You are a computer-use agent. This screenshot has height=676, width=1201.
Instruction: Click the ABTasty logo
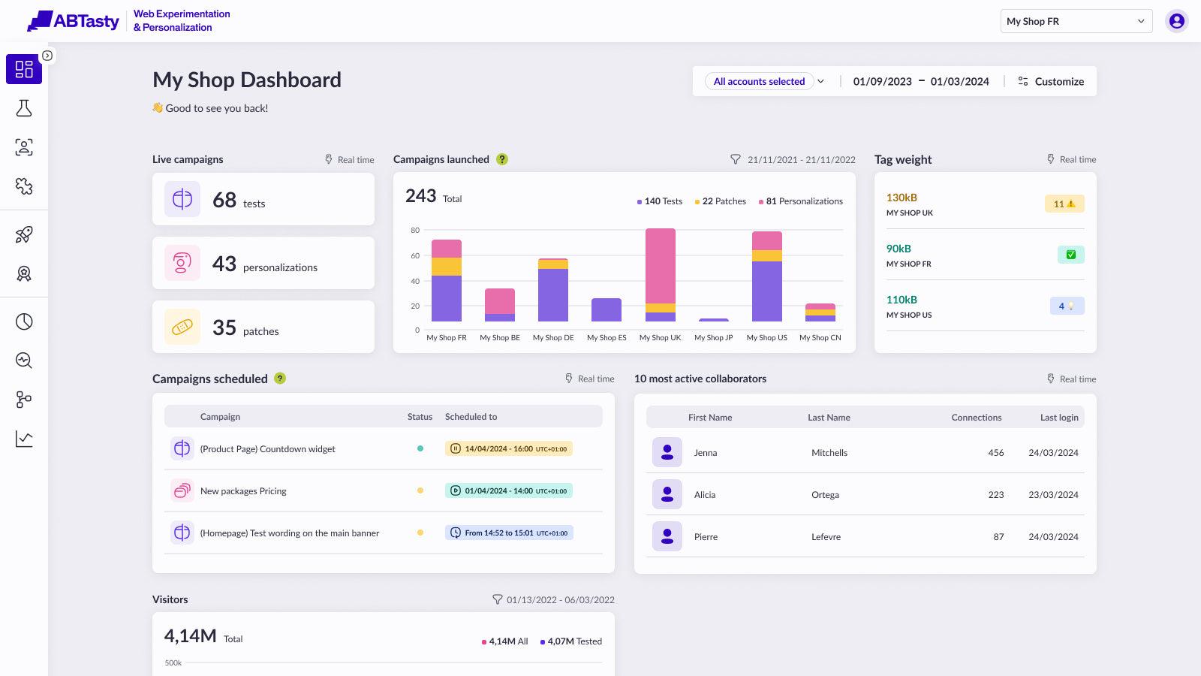coord(74,21)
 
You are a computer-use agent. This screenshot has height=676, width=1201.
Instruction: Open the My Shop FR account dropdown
coord(1076,21)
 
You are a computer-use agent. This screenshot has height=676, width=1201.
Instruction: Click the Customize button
coord(1051,81)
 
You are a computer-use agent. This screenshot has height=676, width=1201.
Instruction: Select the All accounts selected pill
coord(759,81)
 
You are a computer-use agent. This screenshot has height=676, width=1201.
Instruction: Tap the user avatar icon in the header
coord(1176,21)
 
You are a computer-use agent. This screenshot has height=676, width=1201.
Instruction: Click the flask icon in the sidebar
coord(24,108)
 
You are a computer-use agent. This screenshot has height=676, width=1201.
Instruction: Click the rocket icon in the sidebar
coord(24,234)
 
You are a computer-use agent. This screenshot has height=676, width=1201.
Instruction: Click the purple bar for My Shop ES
coord(606,309)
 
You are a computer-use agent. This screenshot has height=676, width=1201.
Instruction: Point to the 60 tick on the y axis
coord(415,255)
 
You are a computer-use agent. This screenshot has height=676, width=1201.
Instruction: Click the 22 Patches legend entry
coord(720,201)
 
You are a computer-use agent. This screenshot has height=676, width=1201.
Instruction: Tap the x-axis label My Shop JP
coord(713,338)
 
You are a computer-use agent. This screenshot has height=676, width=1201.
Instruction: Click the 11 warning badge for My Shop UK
coord(1064,204)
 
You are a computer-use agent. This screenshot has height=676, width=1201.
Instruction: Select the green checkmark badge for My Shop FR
coord(1070,255)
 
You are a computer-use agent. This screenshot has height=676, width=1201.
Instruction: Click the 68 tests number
coord(224,200)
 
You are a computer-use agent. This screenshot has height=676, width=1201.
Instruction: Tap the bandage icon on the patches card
coord(182,327)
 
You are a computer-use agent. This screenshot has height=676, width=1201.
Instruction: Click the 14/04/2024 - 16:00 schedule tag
coord(508,448)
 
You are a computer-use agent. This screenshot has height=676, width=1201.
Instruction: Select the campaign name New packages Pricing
coord(243,491)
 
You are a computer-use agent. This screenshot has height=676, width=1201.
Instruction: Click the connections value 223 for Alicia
coord(995,495)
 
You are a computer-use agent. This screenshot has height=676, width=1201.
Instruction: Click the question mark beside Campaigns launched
coord(502,159)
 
